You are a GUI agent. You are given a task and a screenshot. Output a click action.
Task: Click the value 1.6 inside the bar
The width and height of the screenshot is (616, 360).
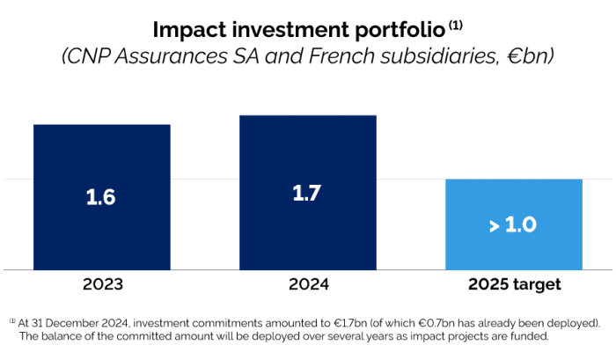tap(101, 197)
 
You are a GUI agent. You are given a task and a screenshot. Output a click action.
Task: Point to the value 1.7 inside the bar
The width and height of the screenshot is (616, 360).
tap(307, 193)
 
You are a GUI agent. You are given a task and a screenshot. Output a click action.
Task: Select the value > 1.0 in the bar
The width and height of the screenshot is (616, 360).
tap(513, 224)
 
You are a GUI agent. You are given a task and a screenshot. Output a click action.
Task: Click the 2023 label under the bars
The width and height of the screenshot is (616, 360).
tap(101, 285)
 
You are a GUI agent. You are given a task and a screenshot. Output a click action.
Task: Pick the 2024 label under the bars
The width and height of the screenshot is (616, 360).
tap(307, 285)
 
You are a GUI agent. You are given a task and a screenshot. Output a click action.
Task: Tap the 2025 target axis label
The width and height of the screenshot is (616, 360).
tap(513, 285)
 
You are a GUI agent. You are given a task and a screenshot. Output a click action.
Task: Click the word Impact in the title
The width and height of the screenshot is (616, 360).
tap(189, 29)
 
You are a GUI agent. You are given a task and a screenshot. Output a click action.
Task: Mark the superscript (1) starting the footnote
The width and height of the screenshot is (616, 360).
tap(13, 320)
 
